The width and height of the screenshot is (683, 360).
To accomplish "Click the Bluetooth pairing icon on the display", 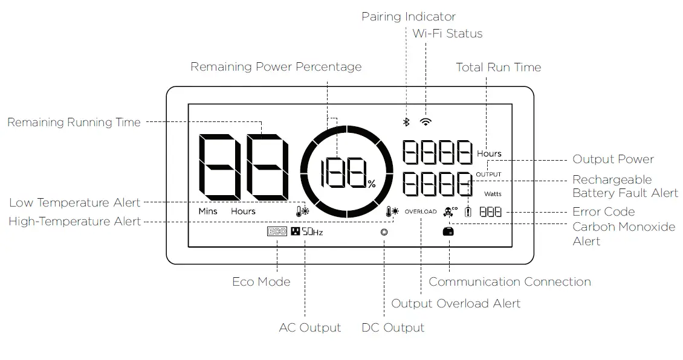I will coord(407,122).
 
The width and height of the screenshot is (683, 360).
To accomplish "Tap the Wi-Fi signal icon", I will coord(426,121).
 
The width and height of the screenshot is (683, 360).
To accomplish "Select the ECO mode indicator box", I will coord(277,231).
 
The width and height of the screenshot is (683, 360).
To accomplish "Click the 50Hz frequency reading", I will coord(312,231).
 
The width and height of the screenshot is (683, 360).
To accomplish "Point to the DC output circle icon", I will coord(384,232).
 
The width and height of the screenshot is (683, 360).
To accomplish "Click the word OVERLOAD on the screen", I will coord(421,212).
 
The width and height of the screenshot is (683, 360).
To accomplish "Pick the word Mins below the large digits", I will coord(208,211).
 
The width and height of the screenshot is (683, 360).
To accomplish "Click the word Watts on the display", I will coord(493,194).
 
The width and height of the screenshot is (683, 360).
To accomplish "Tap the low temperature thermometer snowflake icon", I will coord(302,211).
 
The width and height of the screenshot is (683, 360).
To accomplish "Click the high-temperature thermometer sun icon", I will coord(392,211).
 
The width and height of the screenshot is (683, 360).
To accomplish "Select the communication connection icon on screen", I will coord(448,232).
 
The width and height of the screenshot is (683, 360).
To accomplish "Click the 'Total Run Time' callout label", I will coord(498,67).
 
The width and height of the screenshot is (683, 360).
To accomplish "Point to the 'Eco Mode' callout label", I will coord(261,281).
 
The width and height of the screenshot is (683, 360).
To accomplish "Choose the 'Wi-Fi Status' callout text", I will coord(447,33).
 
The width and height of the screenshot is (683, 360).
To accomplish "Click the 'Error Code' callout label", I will coord(603,211).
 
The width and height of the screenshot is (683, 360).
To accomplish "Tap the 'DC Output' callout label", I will coord(393,327).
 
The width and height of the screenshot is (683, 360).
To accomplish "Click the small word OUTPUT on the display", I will coord(488,175).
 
